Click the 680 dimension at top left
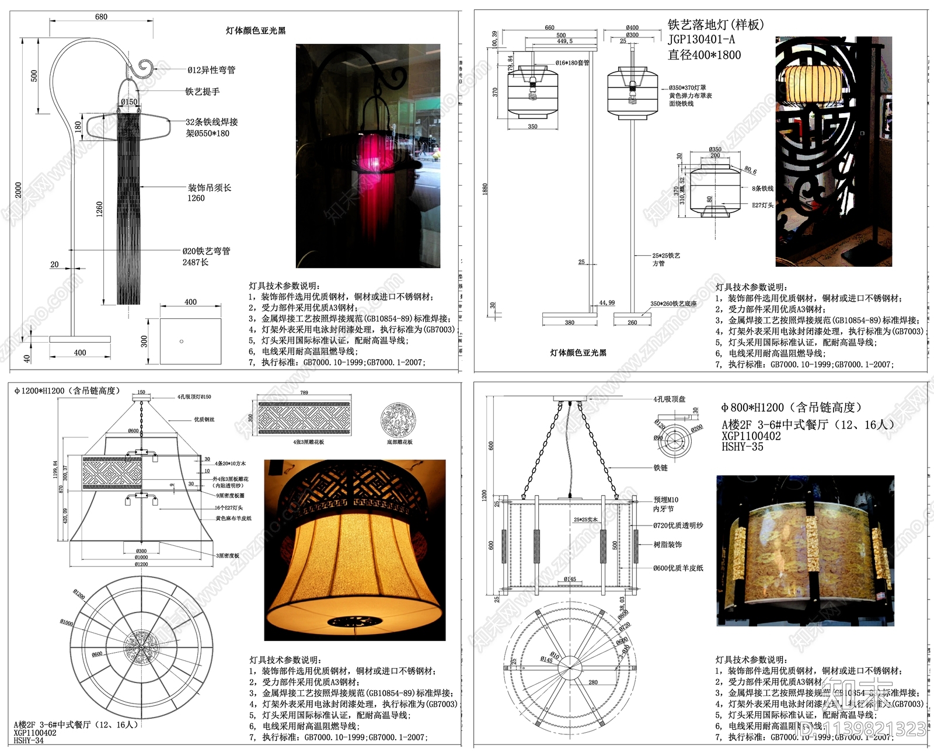pos(101,17)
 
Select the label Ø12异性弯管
pos(211,70)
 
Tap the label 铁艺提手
pos(203,92)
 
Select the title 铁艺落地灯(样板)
pos(716,25)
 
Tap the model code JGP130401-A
pos(701,40)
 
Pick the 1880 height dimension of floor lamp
pos(485,188)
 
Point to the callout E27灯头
pos(763,206)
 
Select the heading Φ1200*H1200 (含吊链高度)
pos(67,391)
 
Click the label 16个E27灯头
pos(229,508)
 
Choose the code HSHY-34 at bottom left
pos(29,740)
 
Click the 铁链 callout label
pos(661,468)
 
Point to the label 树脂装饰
pos(668,545)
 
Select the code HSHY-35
pos(743,447)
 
